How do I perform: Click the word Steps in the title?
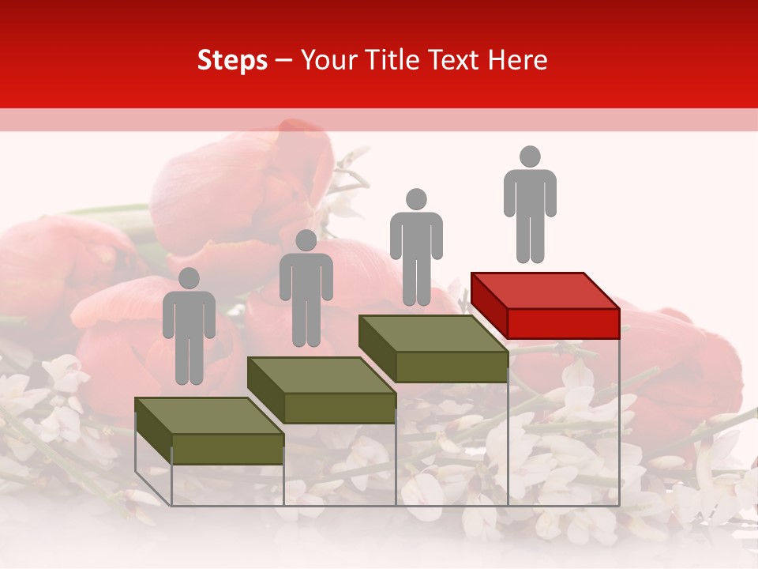point(232,61)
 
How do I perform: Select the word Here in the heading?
point(517,60)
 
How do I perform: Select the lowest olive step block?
point(209,431)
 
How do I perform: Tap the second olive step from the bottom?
point(321,389)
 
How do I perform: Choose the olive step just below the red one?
point(433,348)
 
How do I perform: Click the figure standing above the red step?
point(530,205)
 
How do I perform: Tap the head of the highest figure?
point(530,156)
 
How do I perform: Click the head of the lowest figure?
point(189,278)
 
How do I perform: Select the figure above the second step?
point(306,288)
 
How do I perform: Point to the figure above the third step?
point(416,247)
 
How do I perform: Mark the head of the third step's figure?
point(416,199)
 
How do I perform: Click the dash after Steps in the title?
point(284,61)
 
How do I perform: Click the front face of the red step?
point(563,323)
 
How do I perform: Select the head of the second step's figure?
point(306,240)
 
